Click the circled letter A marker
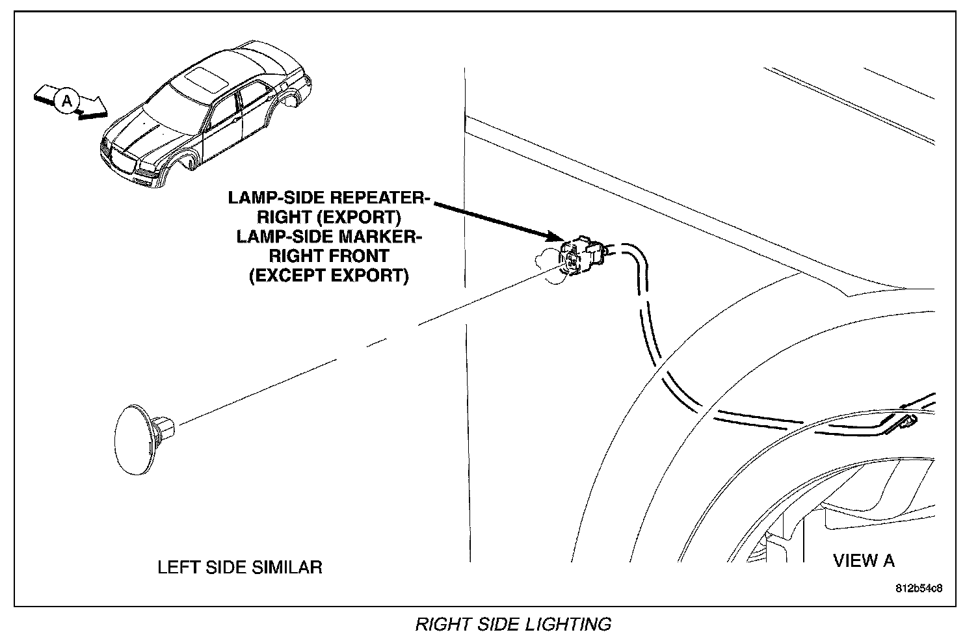point(67,100)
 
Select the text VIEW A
point(864,560)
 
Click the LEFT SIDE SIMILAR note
point(239,567)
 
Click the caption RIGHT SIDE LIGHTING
point(513,625)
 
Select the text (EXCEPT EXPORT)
point(328,276)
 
